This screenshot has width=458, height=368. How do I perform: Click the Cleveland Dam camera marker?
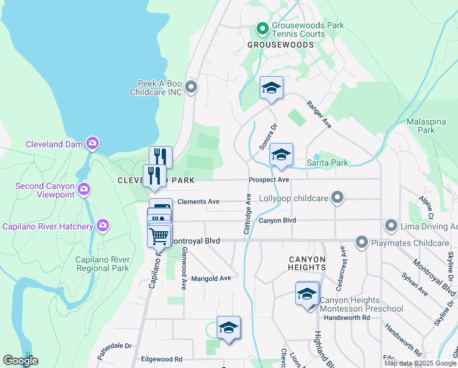point(92,144)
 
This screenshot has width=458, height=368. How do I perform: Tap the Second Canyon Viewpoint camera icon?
point(84,188)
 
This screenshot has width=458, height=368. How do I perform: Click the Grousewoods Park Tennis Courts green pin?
point(262,28)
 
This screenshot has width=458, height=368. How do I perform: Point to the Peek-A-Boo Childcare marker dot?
point(191,87)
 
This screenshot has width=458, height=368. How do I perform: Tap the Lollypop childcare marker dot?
point(336,197)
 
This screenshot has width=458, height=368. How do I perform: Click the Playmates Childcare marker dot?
point(362,242)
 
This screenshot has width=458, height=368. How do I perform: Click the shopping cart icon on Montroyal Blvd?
point(159,235)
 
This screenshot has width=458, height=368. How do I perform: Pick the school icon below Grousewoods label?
point(271,88)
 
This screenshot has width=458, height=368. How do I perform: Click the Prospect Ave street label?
point(268,180)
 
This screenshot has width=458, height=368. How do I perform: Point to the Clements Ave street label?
point(198,201)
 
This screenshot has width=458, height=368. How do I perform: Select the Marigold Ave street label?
point(211,278)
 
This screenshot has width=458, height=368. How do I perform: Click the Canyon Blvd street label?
point(277,220)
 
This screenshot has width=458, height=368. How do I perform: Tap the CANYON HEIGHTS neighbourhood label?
point(307,263)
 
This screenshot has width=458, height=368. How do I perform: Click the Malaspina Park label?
point(429,126)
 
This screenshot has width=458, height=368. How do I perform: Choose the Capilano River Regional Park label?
point(102,264)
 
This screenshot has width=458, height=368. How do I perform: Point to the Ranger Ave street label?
point(319,115)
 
